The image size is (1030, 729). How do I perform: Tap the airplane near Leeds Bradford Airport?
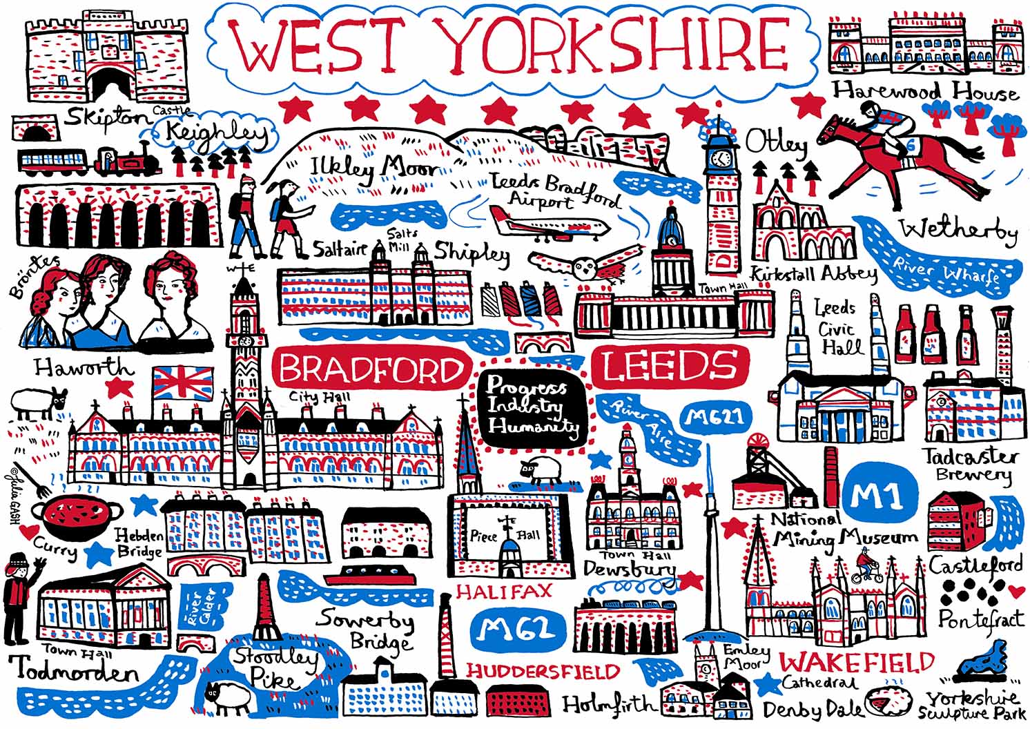tap(549, 222)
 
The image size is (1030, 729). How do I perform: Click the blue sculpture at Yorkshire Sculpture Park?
tap(988, 667)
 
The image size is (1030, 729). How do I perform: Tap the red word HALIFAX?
tap(504, 591)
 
